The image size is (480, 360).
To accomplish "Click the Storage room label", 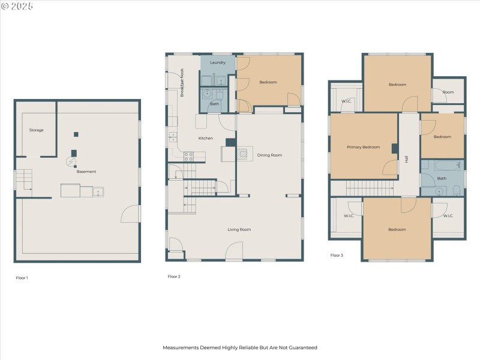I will (37, 130).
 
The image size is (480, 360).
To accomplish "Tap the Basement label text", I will (86, 172).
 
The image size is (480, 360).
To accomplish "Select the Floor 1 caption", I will (22, 278).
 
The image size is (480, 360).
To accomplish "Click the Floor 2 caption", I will (174, 277).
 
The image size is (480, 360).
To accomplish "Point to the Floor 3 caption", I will (337, 255).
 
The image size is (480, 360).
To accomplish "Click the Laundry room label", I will (217, 62).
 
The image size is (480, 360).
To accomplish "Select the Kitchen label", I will (206, 139).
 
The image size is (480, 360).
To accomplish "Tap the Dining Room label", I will (269, 155).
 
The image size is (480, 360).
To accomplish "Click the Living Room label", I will (239, 229).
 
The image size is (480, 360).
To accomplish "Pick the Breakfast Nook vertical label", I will (182, 83).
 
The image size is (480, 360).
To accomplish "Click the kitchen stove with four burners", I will (188, 157).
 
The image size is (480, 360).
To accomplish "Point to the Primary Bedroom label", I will (363, 147).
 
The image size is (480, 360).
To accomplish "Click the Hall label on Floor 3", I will (406, 159).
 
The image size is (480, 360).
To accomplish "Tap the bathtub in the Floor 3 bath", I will (442, 165).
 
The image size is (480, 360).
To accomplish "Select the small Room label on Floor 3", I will (448, 92).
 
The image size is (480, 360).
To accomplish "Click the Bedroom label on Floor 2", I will (268, 82).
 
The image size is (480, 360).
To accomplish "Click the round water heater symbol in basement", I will (71, 162).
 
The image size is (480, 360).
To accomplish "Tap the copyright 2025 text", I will (17, 6).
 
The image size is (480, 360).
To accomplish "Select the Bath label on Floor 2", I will (214, 104).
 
